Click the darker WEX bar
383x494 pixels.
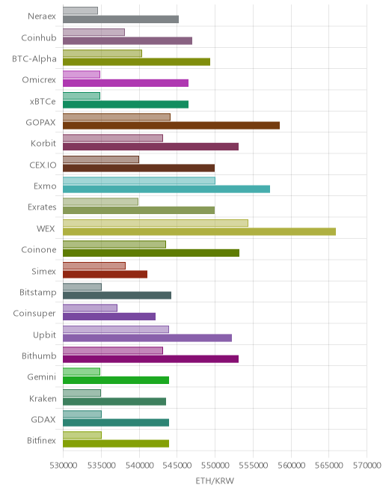pyautogui.click(x=199, y=231)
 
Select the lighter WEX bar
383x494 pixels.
pyautogui.click(x=156, y=223)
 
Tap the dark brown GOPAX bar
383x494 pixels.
pyautogui.click(x=171, y=126)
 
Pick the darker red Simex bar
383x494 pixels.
pyautogui.click(x=105, y=274)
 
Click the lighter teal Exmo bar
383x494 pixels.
pyautogui.click(x=139, y=180)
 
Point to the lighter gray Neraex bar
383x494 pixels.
pyautogui.click(x=80, y=10)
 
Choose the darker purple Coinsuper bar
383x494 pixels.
pyautogui.click(x=109, y=317)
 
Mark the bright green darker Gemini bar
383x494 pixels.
pyautogui.click(x=116, y=380)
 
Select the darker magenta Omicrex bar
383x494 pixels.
pyautogui.click(x=126, y=83)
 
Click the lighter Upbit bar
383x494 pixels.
pyautogui.click(x=116, y=329)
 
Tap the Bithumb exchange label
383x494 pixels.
pyautogui.click(x=39, y=356)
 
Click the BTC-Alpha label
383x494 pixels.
pyautogui.click(x=34, y=59)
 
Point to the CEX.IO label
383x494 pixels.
pyautogui.click(x=43, y=165)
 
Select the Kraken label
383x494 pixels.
pyautogui.click(x=43, y=398)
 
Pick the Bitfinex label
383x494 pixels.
pyautogui.click(x=41, y=440)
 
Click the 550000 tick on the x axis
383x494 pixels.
pyautogui.click(x=215, y=466)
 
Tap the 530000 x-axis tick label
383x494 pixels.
pyautogui.click(x=64, y=466)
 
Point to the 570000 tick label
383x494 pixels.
pyautogui.click(x=367, y=466)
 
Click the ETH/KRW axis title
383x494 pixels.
pyautogui.click(x=215, y=481)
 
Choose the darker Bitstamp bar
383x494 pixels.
pyautogui.click(x=117, y=295)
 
